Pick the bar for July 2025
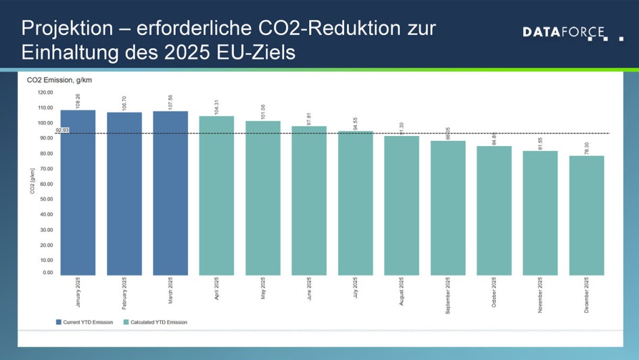point(355,203)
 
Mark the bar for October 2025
point(494,210)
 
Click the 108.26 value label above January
point(78,101)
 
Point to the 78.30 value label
point(587,147)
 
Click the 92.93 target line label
point(62,129)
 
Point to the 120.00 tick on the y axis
point(45,92)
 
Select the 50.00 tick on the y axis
point(45,199)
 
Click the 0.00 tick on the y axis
point(47,273)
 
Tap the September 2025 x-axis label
point(448,296)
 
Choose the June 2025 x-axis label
point(310,292)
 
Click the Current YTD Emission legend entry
point(84,322)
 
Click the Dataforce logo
point(572,32)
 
